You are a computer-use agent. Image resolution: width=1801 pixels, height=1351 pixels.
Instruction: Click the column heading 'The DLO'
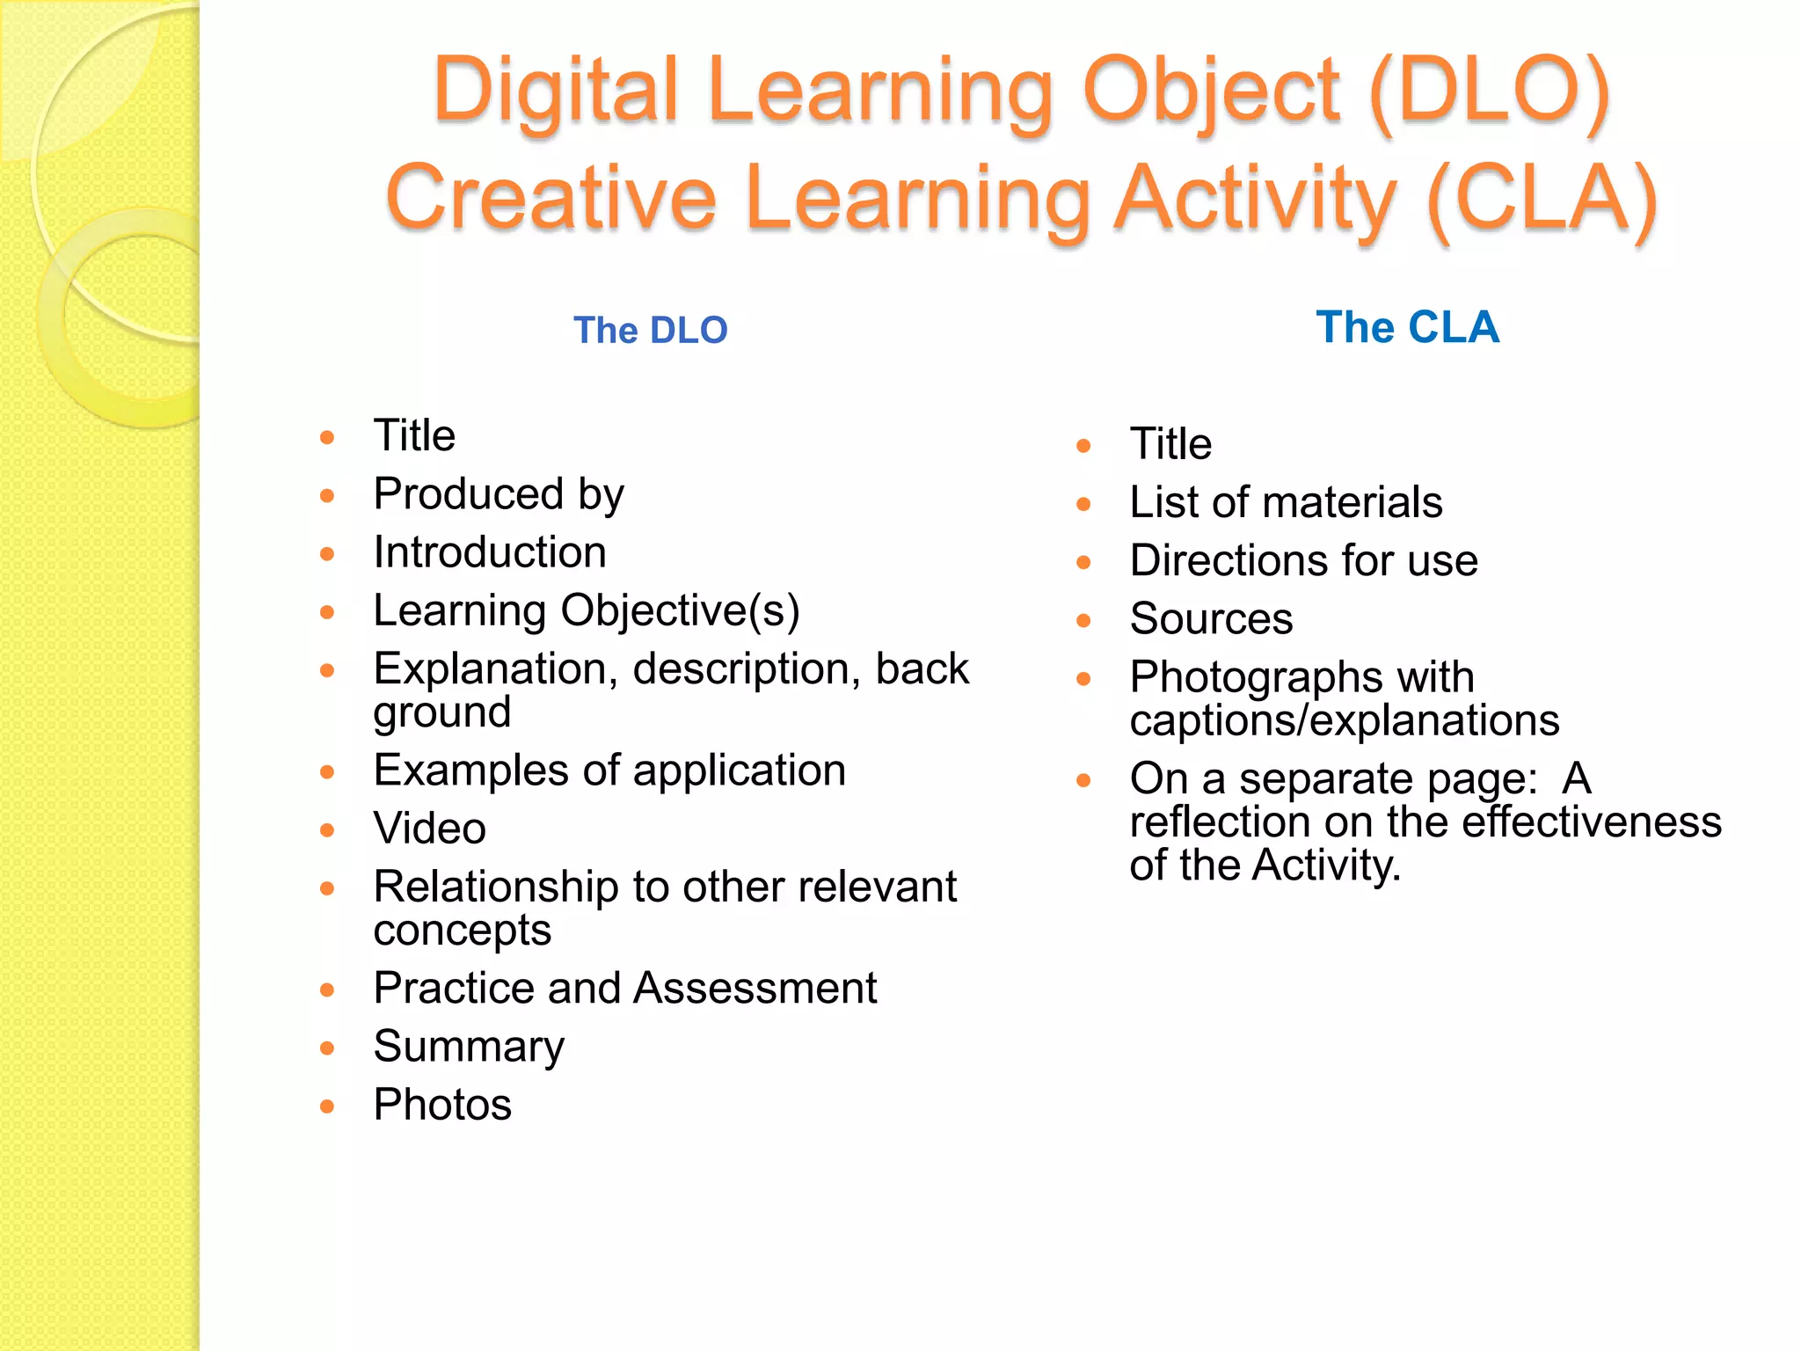coord(651,331)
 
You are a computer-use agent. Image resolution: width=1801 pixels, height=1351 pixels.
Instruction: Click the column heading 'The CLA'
coord(1407,327)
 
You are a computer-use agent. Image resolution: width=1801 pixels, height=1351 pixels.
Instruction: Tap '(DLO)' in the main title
coord(1489,91)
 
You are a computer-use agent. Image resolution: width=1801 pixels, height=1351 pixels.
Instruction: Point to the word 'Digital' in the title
coord(556,91)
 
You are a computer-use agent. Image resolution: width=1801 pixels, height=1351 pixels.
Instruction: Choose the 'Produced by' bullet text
coord(499,494)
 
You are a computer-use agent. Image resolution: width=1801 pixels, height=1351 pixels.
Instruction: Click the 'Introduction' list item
coord(490,552)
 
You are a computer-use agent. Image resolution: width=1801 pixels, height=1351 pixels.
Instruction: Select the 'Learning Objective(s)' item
coord(587,610)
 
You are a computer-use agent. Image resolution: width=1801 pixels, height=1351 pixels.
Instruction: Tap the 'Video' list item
coord(430,829)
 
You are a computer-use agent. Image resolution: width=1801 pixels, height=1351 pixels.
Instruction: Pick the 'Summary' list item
coord(469,1047)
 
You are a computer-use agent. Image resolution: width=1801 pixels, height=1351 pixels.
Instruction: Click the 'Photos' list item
coord(442,1105)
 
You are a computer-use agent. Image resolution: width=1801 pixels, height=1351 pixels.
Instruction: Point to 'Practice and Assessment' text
coord(625,988)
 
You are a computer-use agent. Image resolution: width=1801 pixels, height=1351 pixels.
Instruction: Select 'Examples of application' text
coord(609,770)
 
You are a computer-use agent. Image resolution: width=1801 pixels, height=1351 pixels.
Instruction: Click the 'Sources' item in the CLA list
coord(1211,619)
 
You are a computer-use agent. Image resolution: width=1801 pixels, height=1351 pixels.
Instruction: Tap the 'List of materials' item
coord(1286,502)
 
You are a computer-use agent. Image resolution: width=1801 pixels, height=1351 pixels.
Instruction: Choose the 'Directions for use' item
coord(1303,561)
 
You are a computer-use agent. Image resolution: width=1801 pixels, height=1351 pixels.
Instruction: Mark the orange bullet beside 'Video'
coord(327,830)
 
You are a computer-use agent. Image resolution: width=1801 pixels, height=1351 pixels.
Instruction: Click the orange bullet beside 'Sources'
coord(1083,621)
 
